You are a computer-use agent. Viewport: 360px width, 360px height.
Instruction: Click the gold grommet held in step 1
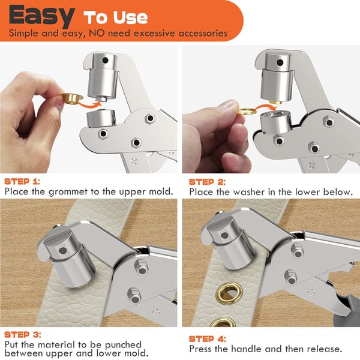(x=71, y=98)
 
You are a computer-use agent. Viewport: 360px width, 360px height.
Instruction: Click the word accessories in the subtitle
(x=198, y=33)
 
